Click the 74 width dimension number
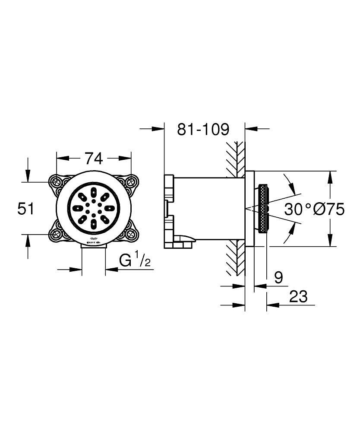click(93, 159)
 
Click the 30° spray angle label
click(298, 210)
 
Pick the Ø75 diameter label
click(330, 210)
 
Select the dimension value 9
click(278, 277)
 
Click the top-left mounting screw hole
click(57, 181)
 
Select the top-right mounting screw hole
click(131, 181)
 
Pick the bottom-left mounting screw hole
click(57, 235)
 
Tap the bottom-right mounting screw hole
click(131, 235)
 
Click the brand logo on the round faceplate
click(94, 241)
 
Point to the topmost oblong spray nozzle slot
click(94, 191)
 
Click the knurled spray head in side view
click(262, 209)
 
